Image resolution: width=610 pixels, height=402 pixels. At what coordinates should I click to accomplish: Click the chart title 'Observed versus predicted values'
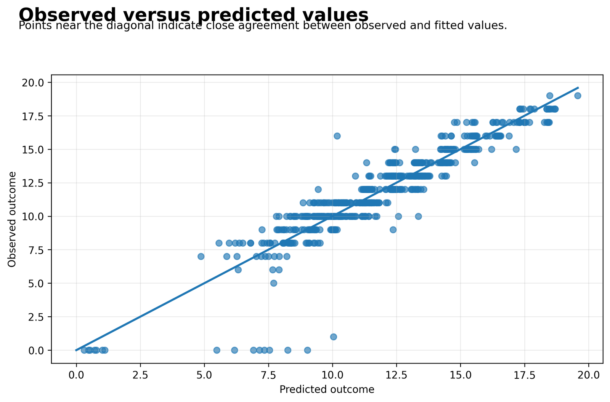click(x=193, y=15)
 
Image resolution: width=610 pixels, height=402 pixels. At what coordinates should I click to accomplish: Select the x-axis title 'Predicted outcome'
click(x=327, y=389)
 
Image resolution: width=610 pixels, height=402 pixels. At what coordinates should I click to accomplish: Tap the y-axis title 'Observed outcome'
click(x=12, y=219)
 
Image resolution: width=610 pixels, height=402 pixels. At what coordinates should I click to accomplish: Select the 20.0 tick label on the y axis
click(x=33, y=82)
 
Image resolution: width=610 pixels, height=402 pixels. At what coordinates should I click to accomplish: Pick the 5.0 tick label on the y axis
click(x=36, y=283)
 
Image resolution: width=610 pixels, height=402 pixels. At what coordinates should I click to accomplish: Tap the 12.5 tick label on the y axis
click(x=33, y=183)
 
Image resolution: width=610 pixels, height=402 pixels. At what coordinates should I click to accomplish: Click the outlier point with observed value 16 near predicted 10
click(x=337, y=136)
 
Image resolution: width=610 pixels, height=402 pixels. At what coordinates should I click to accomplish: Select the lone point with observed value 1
click(x=333, y=337)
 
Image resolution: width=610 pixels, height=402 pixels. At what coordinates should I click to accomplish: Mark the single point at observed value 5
click(x=274, y=283)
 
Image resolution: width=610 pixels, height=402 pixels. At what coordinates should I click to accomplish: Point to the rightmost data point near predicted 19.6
click(x=578, y=96)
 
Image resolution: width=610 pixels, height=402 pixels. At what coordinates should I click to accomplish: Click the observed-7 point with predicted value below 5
click(x=201, y=257)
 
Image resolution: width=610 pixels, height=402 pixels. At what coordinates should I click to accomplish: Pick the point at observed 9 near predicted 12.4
click(x=393, y=230)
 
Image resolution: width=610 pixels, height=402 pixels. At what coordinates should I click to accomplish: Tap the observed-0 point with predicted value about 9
click(x=307, y=350)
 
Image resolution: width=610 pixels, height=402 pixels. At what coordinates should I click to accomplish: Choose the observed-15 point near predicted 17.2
click(x=516, y=149)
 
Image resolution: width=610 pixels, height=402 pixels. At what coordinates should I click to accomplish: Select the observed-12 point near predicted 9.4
click(x=318, y=189)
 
